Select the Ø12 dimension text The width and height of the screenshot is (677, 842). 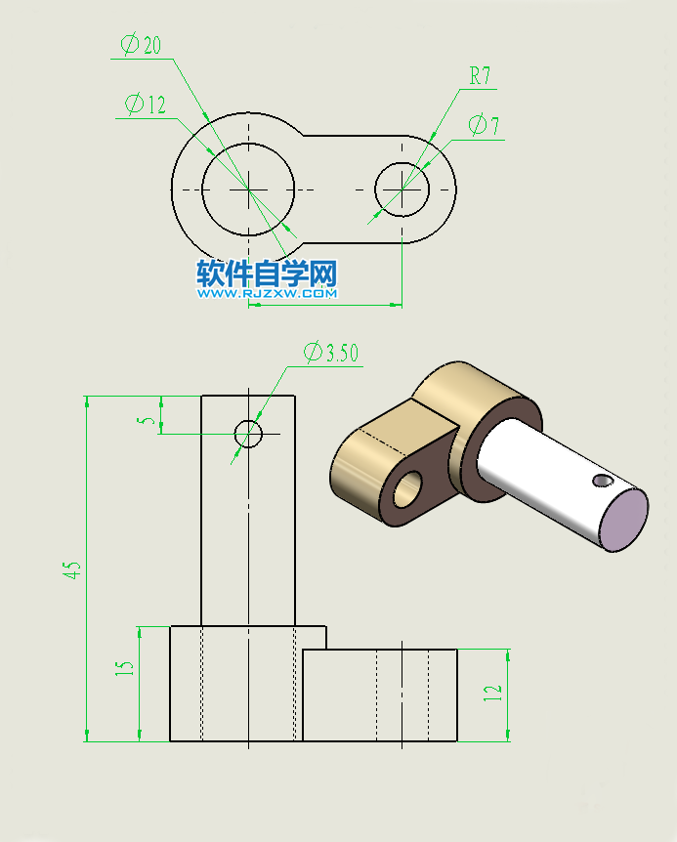146,105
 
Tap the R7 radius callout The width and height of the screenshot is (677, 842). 480,75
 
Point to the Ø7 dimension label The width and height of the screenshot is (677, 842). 484,126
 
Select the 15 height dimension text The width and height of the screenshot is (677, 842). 124,668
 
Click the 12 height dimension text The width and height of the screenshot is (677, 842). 493,693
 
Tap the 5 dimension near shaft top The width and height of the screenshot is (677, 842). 147,420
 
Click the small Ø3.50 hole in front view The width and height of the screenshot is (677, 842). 248,432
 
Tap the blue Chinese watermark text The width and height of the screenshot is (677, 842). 267,273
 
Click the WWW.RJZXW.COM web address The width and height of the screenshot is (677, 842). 267,293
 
